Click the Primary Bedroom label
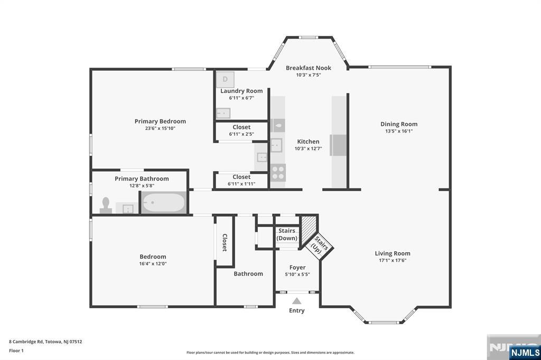coord(160,121)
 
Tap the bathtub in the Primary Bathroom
coord(164,202)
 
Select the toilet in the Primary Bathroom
coord(106,205)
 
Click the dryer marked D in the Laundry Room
coord(225,80)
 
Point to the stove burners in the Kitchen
coord(278,173)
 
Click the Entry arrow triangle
coord(297,301)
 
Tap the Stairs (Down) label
coord(287,234)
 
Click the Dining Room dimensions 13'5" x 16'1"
coord(399,131)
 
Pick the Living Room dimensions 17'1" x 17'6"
coord(393,260)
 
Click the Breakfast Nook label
coord(309,68)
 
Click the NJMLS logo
coord(525,353)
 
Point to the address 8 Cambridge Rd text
coord(26,342)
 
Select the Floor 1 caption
coord(16,350)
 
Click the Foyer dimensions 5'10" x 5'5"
coord(297,274)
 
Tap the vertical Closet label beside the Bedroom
coord(225,243)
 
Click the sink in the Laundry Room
coord(223,113)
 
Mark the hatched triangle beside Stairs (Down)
coord(306,228)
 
